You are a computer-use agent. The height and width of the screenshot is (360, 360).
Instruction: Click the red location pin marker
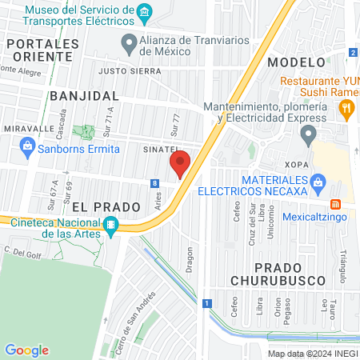pos(180,164)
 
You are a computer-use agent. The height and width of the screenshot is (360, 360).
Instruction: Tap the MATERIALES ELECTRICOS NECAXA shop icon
pos(318,182)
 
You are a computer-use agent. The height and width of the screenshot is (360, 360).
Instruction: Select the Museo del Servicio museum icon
pos(145,11)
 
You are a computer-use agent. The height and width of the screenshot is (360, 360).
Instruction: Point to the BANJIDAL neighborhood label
pos(78,95)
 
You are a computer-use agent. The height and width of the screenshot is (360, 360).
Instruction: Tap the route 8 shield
pos(153,183)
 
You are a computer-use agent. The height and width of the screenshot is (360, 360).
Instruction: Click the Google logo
pos(27,350)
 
